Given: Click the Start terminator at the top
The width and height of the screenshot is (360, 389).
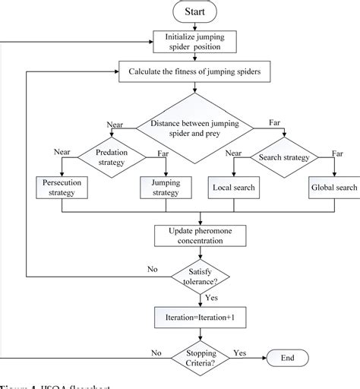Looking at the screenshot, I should click(194, 11).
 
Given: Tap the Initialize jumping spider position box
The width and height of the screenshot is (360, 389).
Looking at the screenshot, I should click(194, 43).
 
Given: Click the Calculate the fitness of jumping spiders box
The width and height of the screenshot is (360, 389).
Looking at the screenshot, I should click(194, 72).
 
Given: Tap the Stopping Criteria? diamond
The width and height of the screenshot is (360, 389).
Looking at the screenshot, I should click(194, 358).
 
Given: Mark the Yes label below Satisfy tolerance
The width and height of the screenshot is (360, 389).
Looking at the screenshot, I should click(212, 298).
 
